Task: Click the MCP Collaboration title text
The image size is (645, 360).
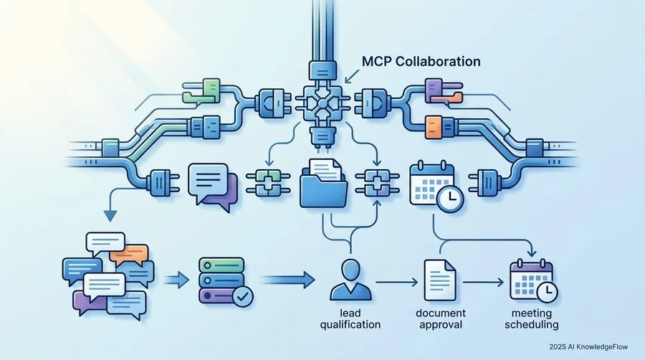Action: (x=421, y=62)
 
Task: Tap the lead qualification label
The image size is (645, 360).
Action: (x=350, y=319)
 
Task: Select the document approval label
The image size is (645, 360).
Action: (x=441, y=319)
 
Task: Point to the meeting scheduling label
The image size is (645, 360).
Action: (x=532, y=319)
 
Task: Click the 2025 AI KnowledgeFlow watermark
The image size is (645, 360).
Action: (x=588, y=347)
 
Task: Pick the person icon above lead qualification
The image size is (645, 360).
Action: (x=350, y=280)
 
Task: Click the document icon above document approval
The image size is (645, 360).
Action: (x=440, y=280)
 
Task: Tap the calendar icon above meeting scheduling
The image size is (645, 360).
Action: (x=533, y=280)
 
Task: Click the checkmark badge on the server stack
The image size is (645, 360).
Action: (x=243, y=296)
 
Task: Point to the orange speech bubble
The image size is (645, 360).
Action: (x=129, y=255)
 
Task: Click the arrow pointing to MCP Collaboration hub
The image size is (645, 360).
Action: (x=351, y=76)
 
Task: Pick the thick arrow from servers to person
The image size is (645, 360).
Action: (x=288, y=280)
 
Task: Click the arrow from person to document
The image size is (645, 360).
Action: (x=396, y=283)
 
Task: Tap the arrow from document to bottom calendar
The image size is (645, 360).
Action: (x=483, y=283)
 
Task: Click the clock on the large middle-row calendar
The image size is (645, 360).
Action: (x=449, y=199)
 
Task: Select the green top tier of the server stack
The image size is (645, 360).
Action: (x=221, y=265)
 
